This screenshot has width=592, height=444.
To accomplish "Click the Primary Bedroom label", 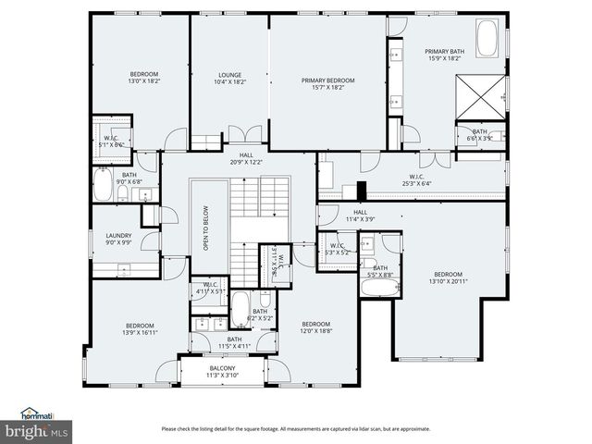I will (327, 84).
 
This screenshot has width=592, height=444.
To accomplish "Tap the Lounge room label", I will (230, 79).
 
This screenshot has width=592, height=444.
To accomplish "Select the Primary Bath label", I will (444, 55).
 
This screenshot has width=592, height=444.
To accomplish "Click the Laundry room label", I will (118, 239).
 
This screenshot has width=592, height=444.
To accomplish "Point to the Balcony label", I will (221, 371).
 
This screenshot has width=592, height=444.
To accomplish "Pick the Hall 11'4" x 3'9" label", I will (363, 216).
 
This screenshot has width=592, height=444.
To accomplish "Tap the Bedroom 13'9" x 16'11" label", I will (140, 328).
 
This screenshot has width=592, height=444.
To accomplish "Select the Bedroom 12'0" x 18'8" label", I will (315, 327).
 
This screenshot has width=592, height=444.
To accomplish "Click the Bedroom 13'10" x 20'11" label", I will (449, 277).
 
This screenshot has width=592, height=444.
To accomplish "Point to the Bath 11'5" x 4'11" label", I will (235, 342).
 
